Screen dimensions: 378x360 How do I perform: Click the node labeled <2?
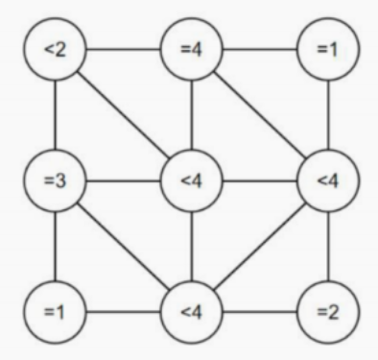click(55, 50)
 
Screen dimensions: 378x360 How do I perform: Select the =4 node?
click(191, 50)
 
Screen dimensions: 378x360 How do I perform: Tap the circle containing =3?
click(55, 180)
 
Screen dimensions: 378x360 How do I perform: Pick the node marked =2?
click(328, 312)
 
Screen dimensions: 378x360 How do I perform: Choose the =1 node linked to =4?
click(328, 50)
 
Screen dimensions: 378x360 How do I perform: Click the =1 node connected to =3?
click(55, 312)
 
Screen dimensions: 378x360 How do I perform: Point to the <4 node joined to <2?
click(191, 180)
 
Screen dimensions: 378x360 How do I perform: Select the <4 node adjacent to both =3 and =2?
click(191, 312)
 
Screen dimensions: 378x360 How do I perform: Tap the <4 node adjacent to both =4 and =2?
click(328, 180)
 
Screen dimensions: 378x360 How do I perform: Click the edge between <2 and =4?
click(123, 50)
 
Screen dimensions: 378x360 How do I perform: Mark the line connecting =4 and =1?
click(260, 50)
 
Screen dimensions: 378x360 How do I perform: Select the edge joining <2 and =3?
click(55, 115)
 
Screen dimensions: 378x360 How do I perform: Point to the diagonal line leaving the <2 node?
click(124, 115)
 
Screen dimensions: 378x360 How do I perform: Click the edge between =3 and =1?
click(55, 247)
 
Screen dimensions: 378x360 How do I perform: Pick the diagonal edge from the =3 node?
click(124, 247)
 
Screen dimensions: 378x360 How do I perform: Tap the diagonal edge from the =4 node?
click(260, 115)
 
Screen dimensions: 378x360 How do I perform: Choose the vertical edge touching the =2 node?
click(328, 247)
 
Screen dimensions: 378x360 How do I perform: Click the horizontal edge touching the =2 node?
click(260, 312)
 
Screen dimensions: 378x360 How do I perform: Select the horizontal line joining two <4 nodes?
click(260, 180)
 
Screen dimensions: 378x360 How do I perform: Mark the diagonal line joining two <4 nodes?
click(260, 247)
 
